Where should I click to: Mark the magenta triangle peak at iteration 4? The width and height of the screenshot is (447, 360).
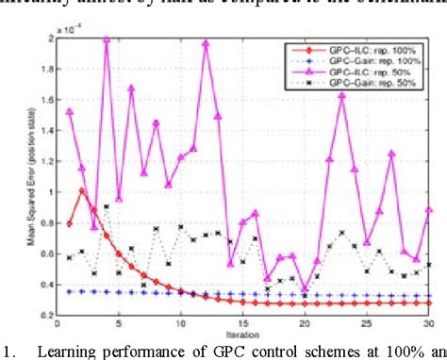pyautogui.click(x=107, y=40)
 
